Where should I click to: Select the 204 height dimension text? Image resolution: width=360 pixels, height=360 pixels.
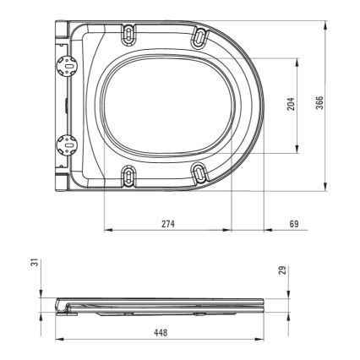coord(290,106)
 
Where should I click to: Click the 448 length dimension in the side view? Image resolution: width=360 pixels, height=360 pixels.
coord(161,332)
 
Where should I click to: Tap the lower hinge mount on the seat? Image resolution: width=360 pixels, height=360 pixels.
coord(62,142)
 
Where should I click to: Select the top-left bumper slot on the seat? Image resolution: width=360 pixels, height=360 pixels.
coord(128,33)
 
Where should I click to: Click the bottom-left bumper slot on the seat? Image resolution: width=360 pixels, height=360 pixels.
coord(128,174)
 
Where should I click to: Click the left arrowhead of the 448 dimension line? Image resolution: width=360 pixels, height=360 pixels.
coord(57,339)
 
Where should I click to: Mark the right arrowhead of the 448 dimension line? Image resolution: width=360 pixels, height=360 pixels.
coord(265,339)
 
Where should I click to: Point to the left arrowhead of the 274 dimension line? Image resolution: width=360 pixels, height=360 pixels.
coord(106,230)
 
